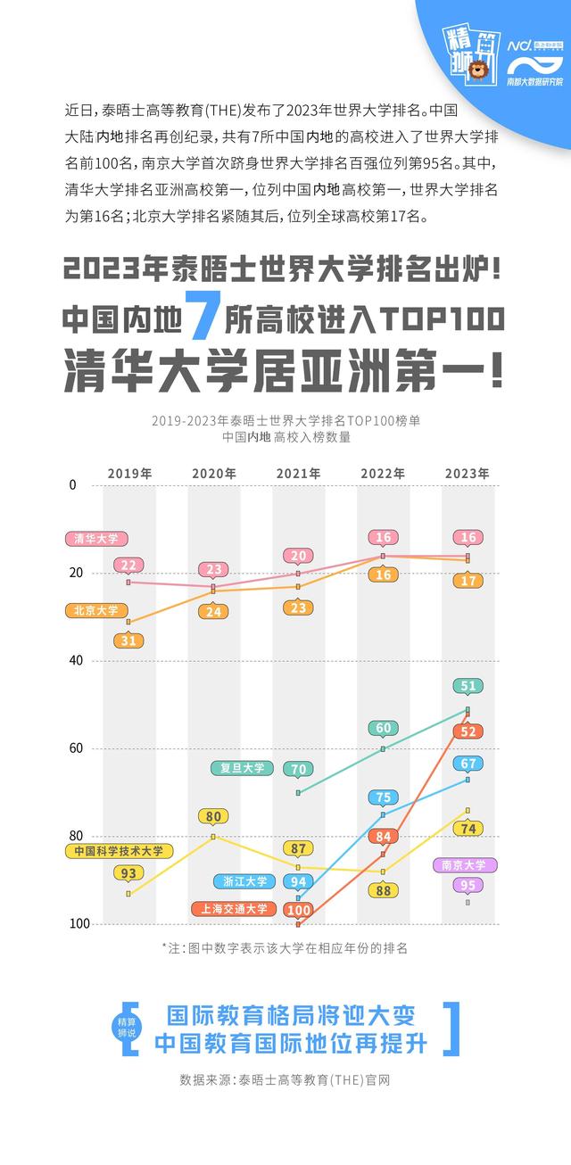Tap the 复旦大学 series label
tap(242, 767)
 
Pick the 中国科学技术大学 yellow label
tap(119, 852)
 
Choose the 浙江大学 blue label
tap(244, 881)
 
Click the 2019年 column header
tap(129, 473)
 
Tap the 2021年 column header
tap(298, 473)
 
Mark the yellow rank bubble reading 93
tap(128, 873)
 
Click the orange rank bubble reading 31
tap(128, 640)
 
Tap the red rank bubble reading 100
tap(298, 910)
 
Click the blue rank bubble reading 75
tap(383, 797)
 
